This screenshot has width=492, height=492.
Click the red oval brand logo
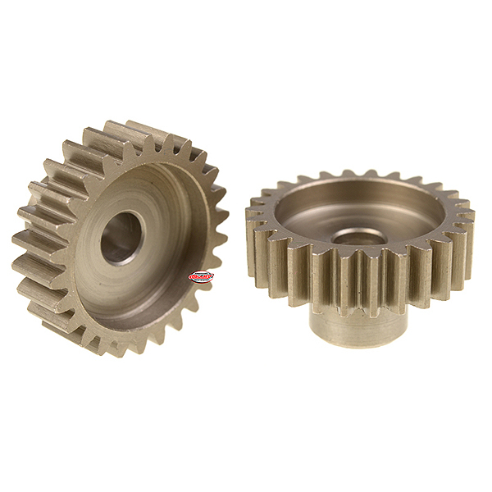coord(201,276)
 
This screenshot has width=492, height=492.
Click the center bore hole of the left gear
coord(121,238)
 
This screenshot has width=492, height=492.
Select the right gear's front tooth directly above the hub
coord(361,279)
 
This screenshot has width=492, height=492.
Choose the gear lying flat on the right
coord(361,246)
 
